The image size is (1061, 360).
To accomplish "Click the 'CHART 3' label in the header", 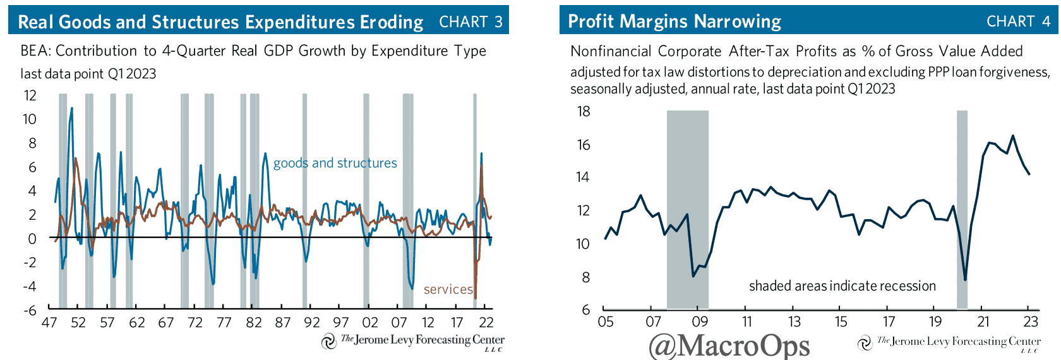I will coord(471,22).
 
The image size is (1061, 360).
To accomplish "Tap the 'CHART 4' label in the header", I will coord(1018,21).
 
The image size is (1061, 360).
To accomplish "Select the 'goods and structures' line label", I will coord(335,163).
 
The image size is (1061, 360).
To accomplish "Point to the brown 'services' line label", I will coord(448,289).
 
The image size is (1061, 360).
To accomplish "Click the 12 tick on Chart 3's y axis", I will coord(30,96).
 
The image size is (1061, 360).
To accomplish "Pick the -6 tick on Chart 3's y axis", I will coord(29,310).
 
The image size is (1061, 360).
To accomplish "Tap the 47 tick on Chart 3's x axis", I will coord(49,323).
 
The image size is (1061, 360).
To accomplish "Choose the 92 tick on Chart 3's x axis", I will coord(312,323).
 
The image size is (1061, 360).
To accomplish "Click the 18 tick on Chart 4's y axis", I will coord(584,112).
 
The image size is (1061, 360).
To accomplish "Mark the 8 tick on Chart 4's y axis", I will coord(585,277).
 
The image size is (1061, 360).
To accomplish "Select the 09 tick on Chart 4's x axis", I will coord(700,321).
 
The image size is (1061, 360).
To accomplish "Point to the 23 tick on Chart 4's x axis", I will coord(1031,321).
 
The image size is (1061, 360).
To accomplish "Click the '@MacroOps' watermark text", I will coord(729,345).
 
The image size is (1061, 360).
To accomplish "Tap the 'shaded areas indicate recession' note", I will coord(842,286).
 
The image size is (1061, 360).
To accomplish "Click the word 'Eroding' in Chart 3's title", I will coord(392,22).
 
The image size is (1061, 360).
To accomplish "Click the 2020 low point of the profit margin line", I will coord(965,280).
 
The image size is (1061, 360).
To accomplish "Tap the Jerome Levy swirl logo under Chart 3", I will coord(328,342).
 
